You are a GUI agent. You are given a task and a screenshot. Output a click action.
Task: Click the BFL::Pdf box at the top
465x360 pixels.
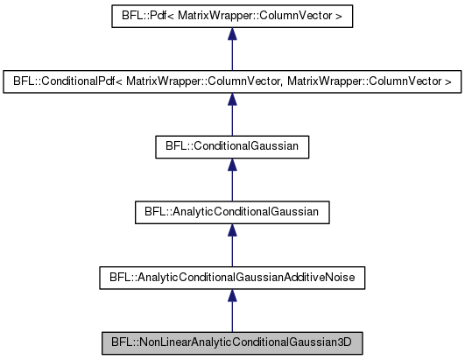tap(231, 17)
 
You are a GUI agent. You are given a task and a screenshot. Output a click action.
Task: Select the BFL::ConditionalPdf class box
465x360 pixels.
tap(231, 81)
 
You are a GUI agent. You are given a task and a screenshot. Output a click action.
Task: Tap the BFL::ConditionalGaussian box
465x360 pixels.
tap(231, 146)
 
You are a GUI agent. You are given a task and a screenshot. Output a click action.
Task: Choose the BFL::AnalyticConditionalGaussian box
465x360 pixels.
tap(231, 211)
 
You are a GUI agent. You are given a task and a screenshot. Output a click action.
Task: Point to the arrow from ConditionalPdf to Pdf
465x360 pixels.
tap(231, 49)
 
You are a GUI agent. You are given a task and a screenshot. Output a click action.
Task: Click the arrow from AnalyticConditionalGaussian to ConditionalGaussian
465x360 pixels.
tap(231, 179)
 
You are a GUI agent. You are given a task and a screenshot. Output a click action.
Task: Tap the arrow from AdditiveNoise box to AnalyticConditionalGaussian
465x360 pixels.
tap(231, 244)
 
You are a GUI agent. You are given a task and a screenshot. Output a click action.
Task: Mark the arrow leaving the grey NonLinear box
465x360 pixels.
tap(231, 308)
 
